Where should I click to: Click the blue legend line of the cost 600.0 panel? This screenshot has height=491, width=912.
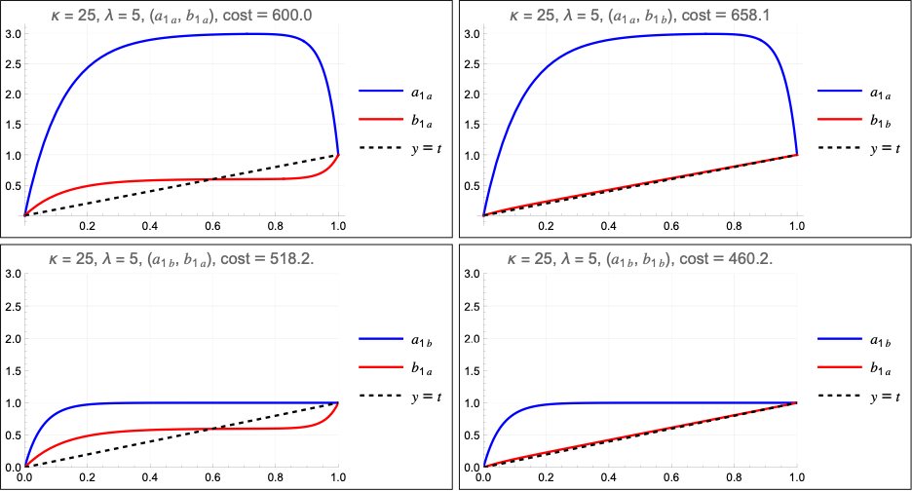(380, 92)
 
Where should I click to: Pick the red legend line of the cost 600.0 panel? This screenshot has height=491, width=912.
(380, 119)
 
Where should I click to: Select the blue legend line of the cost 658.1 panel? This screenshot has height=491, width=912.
(840, 91)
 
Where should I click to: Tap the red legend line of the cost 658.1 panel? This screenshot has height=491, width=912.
(840, 119)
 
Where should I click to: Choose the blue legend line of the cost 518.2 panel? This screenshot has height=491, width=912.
(380, 339)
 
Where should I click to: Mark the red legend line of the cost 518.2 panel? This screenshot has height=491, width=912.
(380, 367)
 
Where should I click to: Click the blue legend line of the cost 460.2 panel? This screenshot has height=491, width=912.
(840, 339)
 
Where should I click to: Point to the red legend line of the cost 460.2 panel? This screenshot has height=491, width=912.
(840, 367)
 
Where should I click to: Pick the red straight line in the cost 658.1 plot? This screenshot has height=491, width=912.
(640, 185)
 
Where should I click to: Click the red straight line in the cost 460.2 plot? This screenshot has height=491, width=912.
(640, 434)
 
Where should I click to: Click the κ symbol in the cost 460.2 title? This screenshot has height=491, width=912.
(512, 260)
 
